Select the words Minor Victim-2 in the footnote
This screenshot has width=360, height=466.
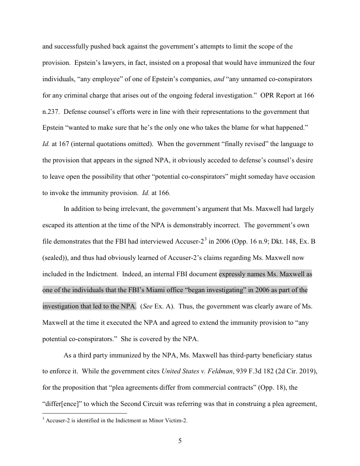point(171,421)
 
